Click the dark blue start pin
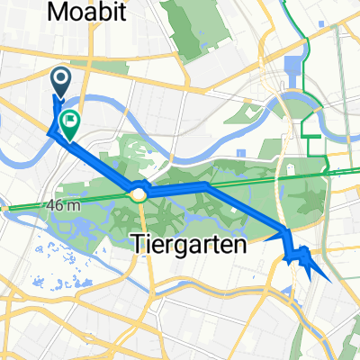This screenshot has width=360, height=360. (x=61, y=83)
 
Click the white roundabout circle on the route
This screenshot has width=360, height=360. (x=139, y=193)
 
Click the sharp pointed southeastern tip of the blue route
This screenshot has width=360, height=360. (x=330, y=282)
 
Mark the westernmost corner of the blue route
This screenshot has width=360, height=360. (x=49, y=132)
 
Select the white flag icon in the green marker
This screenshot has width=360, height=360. (x=69, y=120)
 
